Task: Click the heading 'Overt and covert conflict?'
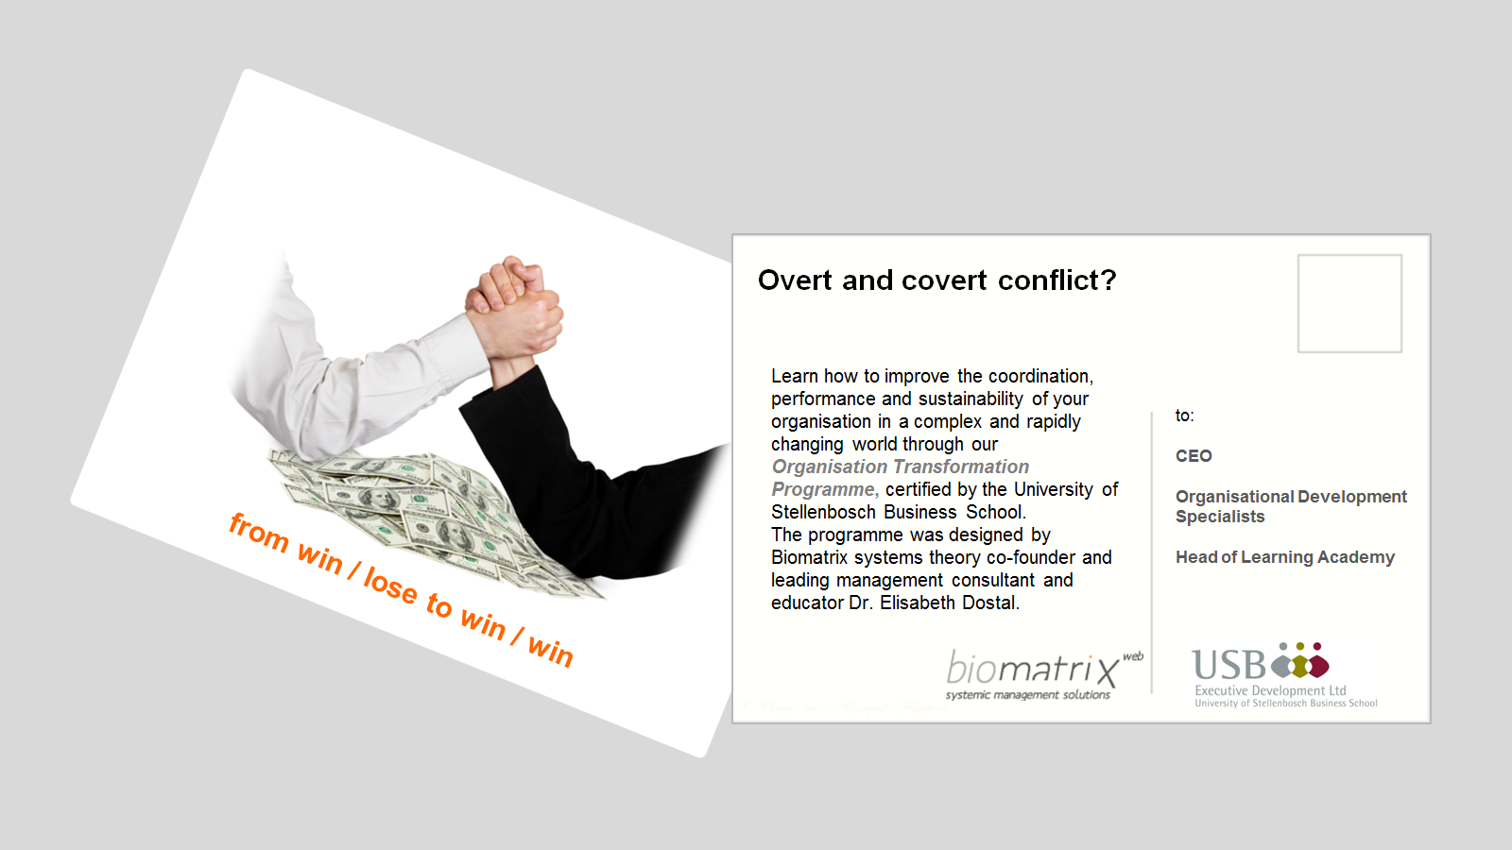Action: pyautogui.click(x=936, y=280)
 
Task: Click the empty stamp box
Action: pyautogui.click(x=1349, y=303)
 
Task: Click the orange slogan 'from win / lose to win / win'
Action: pyautogui.click(x=401, y=590)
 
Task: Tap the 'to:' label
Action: pyautogui.click(x=1185, y=416)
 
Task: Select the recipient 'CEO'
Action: pyautogui.click(x=1194, y=456)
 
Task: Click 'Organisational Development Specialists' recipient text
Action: pyautogui.click(x=1291, y=506)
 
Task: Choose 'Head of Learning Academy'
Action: pyautogui.click(x=1284, y=557)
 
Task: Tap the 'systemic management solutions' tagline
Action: pyautogui.click(x=1027, y=695)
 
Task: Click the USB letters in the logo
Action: pyautogui.click(x=1228, y=665)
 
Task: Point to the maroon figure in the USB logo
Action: pyautogui.click(x=1317, y=661)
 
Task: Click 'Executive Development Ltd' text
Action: pyautogui.click(x=1270, y=690)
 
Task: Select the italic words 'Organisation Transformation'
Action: pyautogui.click(x=901, y=467)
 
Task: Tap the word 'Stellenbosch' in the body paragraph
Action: pyautogui.click(x=825, y=512)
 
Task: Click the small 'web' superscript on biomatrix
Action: pyautogui.click(x=1133, y=656)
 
